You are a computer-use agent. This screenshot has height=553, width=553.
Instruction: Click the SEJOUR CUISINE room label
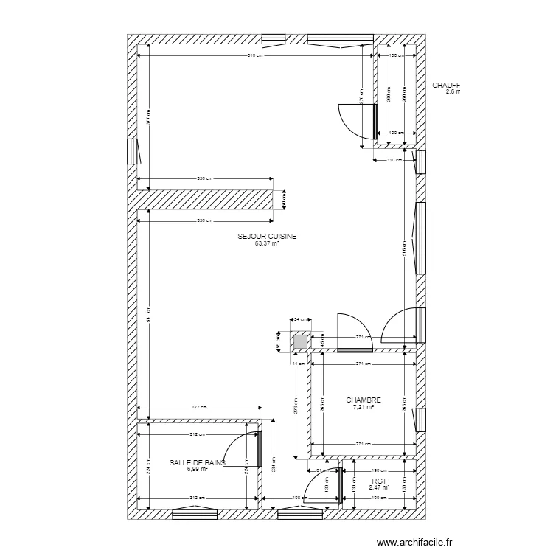click(267, 237)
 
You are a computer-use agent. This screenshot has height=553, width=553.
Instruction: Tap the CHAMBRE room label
click(364, 400)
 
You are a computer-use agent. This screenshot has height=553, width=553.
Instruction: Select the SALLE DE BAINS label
click(197, 463)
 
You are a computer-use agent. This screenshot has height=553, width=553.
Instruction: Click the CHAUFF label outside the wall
click(446, 86)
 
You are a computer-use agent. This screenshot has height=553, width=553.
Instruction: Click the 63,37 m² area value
click(267, 243)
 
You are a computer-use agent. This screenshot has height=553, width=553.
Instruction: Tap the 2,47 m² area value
click(380, 487)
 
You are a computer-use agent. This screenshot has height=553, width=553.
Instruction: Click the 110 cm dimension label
click(394, 159)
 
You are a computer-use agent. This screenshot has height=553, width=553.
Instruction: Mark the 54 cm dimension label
click(301, 320)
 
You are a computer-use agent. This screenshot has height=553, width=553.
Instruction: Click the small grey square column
click(300, 342)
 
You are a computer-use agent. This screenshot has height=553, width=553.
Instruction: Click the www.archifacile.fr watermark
click(414, 543)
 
